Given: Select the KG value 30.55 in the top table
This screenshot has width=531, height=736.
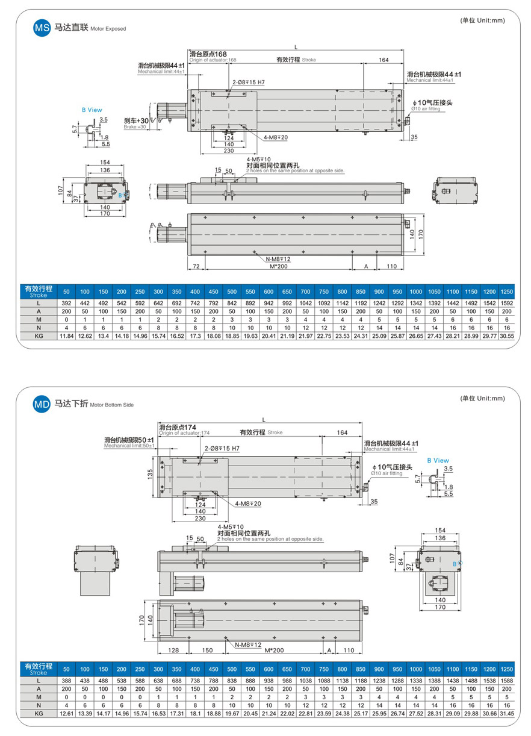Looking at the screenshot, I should pyautogui.click(x=507, y=335).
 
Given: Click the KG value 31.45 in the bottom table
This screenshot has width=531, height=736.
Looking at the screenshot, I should pyautogui.click(x=507, y=713).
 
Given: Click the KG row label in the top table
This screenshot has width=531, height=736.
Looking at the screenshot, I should pyautogui.click(x=39, y=335).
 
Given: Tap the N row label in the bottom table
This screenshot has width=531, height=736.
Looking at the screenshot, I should pyautogui.click(x=39, y=705).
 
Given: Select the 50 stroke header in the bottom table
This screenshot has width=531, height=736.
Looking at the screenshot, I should pyautogui.click(x=66, y=669).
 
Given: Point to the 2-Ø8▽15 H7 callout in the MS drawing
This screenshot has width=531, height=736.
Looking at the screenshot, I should pyautogui.click(x=249, y=82).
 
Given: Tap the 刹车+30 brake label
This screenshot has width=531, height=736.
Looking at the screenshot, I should pyautogui.click(x=137, y=120).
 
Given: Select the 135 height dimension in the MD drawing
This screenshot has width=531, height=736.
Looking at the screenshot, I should pyautogui.click(x=149, y=475).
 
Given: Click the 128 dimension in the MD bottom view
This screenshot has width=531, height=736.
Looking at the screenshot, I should pyautogui.click(x=174, y=650).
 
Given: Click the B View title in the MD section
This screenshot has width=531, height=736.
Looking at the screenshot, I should pyautogui.click(x=438, y=461).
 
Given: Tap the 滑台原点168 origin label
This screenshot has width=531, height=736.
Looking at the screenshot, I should pyautogui.click(x=208, y=54).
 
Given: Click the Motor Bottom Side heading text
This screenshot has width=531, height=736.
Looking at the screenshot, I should pyautogui.click(x=111, y=405).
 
